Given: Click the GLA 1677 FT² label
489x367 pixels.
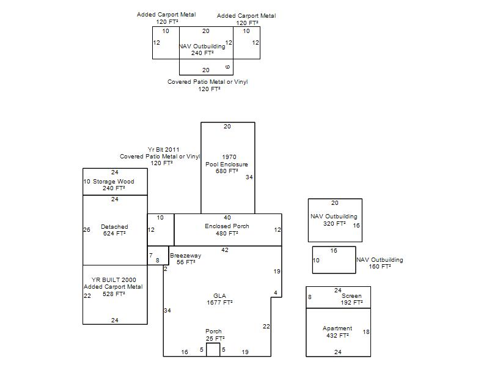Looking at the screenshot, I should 219,299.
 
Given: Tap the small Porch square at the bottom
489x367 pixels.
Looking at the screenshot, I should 213,349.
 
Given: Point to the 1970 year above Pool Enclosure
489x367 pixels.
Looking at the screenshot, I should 229,157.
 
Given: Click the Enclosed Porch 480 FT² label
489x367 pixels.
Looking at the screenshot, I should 227,229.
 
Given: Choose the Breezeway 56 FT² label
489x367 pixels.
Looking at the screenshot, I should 185,259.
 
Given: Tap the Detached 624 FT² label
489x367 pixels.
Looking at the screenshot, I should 114,230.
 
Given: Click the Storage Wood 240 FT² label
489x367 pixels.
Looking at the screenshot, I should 114,185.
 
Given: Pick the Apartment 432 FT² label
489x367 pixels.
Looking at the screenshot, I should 337,332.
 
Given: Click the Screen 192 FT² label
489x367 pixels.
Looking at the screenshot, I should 351,299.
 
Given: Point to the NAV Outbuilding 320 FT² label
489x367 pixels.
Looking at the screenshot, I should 334,220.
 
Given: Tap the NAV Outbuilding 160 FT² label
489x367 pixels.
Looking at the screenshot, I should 380,263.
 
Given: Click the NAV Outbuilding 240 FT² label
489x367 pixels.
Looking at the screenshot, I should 202,50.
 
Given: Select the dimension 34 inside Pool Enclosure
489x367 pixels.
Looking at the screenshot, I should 249,177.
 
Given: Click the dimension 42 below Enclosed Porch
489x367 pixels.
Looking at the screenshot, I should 224,250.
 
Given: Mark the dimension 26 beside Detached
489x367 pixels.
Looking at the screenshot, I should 87,230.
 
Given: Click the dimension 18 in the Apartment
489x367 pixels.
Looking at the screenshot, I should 366,332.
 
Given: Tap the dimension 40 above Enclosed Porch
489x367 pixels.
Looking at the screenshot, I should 227,218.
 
